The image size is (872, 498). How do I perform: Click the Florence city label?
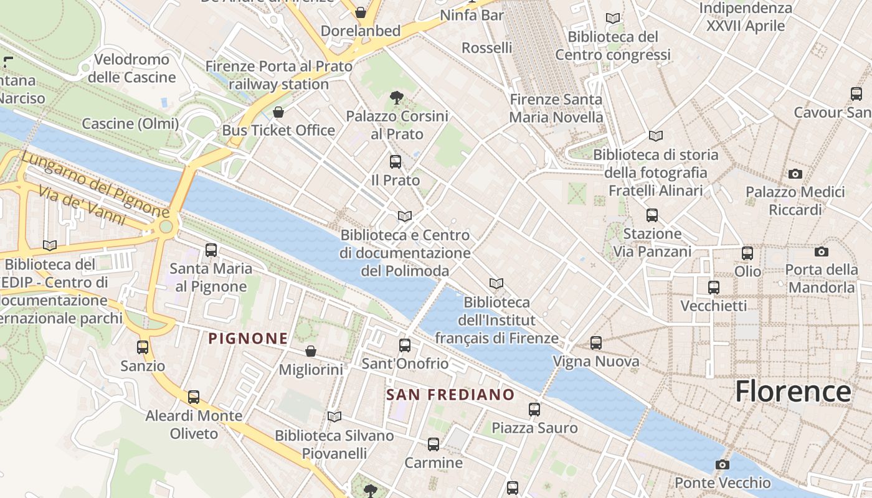(792, 392)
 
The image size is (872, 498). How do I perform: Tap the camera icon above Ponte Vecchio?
(723, 465)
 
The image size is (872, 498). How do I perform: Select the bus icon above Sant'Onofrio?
(405, 345)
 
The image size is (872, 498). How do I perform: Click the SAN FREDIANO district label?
(450, 395)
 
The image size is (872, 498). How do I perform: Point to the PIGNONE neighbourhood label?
(248, 339)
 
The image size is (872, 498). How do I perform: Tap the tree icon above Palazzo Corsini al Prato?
(396, 97)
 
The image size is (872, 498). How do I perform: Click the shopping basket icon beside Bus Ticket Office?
(278, 112)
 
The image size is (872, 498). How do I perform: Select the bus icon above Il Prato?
(395, 162)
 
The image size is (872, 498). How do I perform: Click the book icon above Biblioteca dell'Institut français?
(496, 284)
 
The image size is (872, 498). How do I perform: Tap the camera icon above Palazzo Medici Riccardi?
(795, 174)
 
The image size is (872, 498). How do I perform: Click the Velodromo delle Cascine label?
(131, 68)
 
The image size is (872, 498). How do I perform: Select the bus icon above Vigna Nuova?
(596, 342)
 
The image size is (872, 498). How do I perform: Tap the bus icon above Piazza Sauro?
(534, 409)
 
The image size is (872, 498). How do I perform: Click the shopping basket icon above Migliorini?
(311, 352)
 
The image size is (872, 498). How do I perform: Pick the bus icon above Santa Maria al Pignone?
(211, 250)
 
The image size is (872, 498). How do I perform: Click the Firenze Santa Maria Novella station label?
(556, 108)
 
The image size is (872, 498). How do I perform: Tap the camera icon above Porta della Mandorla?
(822, 251)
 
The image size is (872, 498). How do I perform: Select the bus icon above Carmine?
(434, 444)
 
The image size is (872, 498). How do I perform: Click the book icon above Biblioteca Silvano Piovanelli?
(334, 416)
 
